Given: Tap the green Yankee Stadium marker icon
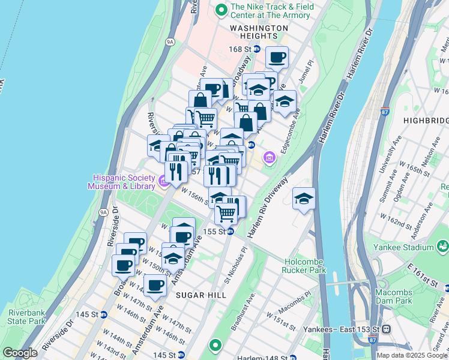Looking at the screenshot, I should (x=442, y=245).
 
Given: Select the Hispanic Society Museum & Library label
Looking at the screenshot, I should (x=124, y=181).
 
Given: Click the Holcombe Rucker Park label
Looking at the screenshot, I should (x=304, y=265).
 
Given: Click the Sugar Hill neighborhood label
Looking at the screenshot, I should (x=201, y=295).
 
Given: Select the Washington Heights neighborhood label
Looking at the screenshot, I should (x=259, y=32).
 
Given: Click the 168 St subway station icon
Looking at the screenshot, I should (x=257, y=49).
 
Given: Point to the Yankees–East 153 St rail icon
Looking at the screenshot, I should (x=387, y=329).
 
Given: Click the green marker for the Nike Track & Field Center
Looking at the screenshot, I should (x=221, y=9).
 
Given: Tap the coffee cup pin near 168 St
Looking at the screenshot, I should (x=277, y=58).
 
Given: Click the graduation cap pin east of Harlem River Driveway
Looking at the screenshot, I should (x=304, y=199).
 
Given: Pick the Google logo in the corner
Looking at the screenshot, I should (x=20, y=353).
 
